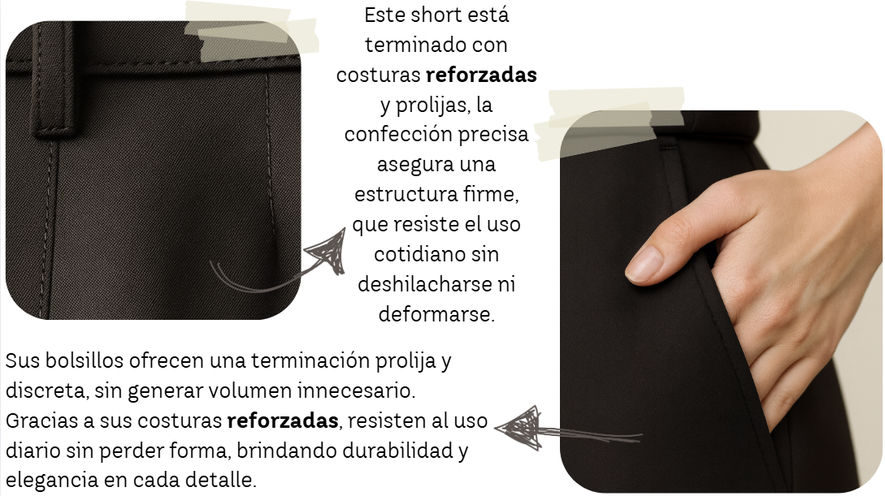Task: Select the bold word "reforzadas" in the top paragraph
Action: point(481,75)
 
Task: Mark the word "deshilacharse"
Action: point(424,284)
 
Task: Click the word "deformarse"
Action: point(436,314)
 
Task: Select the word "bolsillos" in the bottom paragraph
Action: point(84,360)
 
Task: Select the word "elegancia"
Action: point(51,481)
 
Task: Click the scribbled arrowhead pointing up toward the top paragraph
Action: point(326,252)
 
